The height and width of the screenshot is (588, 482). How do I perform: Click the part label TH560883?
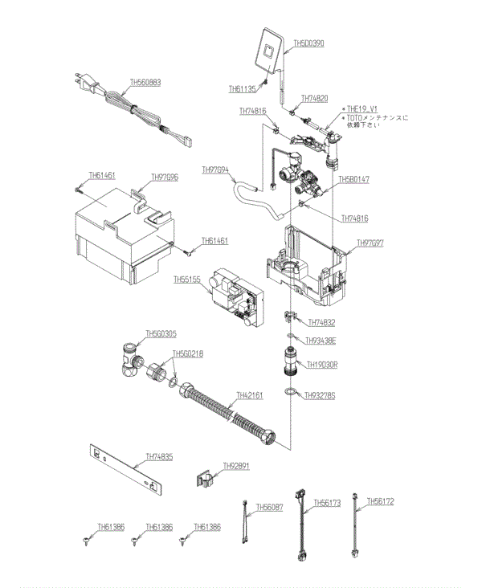coord(145,82)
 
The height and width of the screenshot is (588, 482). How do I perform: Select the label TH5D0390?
coord(308,43)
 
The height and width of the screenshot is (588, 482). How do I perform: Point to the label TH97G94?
coord(215,170)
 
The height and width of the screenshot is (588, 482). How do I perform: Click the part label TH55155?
coord(187,280)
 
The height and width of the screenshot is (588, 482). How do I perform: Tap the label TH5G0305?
coord(161,334)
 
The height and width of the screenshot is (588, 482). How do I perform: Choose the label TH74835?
coord(159,457)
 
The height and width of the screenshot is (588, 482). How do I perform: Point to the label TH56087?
coord(270,508)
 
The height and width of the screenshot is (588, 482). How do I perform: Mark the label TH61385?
coord(112,527)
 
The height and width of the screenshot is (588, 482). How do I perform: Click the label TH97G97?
coord(370,243)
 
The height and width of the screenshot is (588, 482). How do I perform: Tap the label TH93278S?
coord(319,395)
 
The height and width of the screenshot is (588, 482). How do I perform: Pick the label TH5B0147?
coord(353,180)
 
